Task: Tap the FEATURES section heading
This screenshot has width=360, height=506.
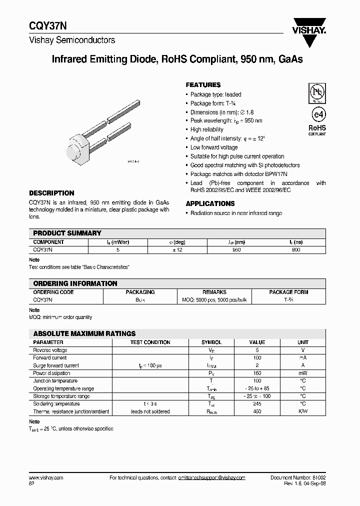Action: pos(203,85)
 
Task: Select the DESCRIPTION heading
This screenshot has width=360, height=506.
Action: pos(51,193)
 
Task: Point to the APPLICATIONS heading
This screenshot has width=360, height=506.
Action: pos(210,203)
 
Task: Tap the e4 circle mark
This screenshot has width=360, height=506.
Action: pos(316,112)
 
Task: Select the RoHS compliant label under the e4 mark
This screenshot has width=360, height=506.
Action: pos(316,130)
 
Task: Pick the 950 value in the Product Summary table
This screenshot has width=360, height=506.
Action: pos(236,249)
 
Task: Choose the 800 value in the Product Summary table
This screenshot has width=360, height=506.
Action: pos(296,249)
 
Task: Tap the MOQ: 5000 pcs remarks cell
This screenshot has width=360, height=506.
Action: pos(214,299)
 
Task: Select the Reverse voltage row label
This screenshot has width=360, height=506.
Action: pos(50,350)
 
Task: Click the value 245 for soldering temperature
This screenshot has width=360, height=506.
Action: pos(257,404)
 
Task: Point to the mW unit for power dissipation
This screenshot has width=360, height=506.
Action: pos(303,373)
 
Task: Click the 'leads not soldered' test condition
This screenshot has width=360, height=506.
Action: pos(150,411)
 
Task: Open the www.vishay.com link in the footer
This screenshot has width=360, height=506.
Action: pos(46,478)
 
